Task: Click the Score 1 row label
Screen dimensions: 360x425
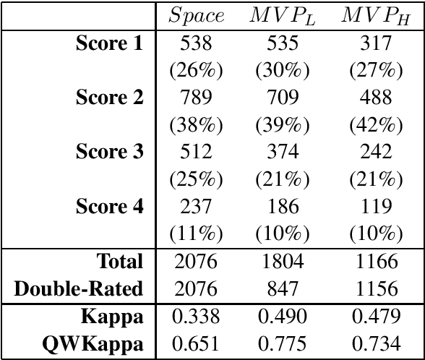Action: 109,43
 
